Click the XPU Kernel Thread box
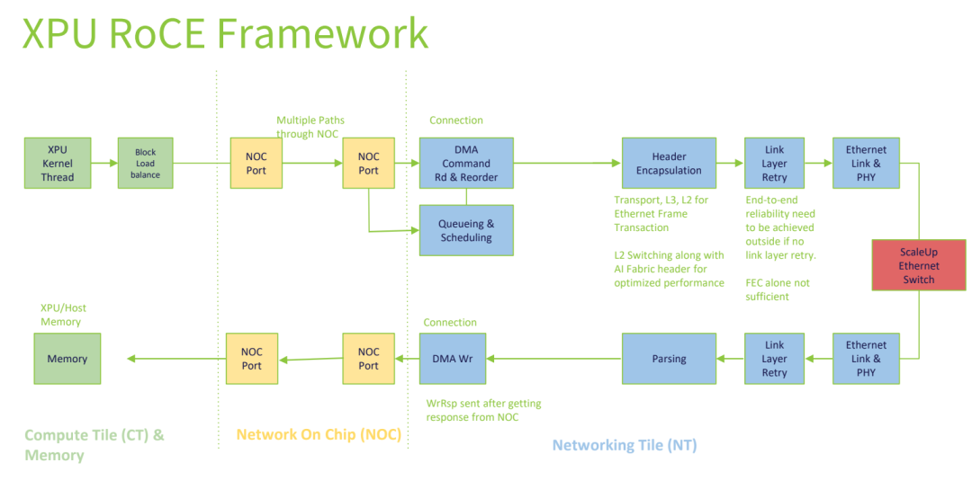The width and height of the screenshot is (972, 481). (58, 163)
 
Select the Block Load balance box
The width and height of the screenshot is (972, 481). (145, 163)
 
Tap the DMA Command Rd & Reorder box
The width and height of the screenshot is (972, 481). (466, 163)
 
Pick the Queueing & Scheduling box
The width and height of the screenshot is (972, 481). (466, 230)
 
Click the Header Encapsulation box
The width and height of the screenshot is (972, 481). (669, 163)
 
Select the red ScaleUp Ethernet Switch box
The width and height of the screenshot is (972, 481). (919, 265)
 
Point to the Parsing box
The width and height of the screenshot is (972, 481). (669, 359)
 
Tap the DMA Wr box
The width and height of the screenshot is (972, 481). (453, 359)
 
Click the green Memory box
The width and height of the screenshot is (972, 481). (67, 359)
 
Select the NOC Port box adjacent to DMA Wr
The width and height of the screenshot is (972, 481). (369, 359)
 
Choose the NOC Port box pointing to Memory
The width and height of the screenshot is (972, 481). (252, 359)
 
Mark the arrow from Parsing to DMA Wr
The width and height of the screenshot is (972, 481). (553, 359)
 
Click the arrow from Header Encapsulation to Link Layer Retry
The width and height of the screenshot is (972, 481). (730, 163)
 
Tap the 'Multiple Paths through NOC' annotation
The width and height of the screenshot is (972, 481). (310, 127)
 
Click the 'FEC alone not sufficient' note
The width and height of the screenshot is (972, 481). (778, 289)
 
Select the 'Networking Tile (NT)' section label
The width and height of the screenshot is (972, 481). (624, 445)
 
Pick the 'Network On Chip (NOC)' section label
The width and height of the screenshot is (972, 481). (318, 434)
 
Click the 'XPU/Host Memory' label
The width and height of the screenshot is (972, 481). (63, 315)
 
